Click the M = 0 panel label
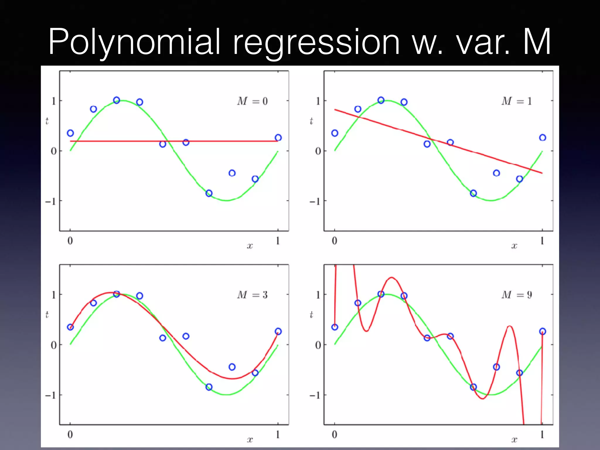click(252, 101)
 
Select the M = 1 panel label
click(517, 101)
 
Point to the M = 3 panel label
click(252, 295)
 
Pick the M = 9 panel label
click(517, 295)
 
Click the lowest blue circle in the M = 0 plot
click(209, 193)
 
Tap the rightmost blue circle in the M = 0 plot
click(278, 138)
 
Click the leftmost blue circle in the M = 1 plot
click(335, 133)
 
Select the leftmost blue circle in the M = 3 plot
click(70, 327)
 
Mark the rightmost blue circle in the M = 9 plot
click(543, 331)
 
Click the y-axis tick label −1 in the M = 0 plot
click(50, 202)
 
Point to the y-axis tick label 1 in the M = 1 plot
click(318, 101)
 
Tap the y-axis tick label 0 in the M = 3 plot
click(54, 345)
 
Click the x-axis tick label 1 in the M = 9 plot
click(542, 434)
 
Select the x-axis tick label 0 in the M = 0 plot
click(70, 241)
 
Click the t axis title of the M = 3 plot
click(47, 315)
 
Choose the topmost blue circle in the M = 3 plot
click(117, 294)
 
